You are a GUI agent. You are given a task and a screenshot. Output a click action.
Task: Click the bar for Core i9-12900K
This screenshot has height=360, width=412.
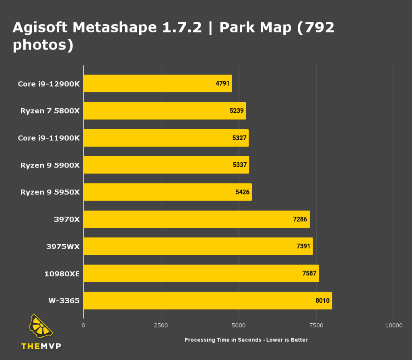click(x=157, y=83)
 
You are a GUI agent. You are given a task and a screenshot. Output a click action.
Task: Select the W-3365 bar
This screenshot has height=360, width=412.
click(x=207, y=300)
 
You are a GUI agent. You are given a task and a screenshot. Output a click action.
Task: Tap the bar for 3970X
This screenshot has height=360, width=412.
click(x=196, y=219)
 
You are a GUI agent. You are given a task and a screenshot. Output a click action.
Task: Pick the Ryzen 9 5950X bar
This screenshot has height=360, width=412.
click(x=167, y=192)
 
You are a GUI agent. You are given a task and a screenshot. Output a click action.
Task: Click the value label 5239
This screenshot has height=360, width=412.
click(x=237, y=111)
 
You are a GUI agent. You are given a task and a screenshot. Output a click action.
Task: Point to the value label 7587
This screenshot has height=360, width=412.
click(x=310, y=273)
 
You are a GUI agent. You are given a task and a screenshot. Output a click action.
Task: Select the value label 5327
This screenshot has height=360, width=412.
click(x=239, y=138)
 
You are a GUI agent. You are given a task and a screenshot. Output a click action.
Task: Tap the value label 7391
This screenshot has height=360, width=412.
click(x=304, y=246)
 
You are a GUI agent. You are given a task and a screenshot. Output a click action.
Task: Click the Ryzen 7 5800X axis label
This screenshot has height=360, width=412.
click(x=50, y=111)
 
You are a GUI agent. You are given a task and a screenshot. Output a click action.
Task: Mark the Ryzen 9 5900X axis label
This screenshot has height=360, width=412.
click(x=50, y=165)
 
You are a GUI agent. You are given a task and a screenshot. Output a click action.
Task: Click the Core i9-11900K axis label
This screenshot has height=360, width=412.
click(x=49, y=138)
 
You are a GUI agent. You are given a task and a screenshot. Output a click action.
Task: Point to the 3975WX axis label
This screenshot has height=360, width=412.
click(x=63, y=246)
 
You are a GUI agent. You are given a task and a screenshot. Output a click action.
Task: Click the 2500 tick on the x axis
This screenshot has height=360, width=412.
click(x=161, y=325)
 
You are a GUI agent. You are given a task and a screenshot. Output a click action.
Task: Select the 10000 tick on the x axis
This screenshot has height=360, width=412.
click(x=393, y=325)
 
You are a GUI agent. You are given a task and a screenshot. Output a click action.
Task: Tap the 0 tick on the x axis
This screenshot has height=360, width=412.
click(x=83, y=325)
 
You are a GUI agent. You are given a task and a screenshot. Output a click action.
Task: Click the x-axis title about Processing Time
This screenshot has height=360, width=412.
click(x=246, y=340)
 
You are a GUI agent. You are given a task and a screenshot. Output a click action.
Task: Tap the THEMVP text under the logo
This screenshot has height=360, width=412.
click(x=41, y=346)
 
